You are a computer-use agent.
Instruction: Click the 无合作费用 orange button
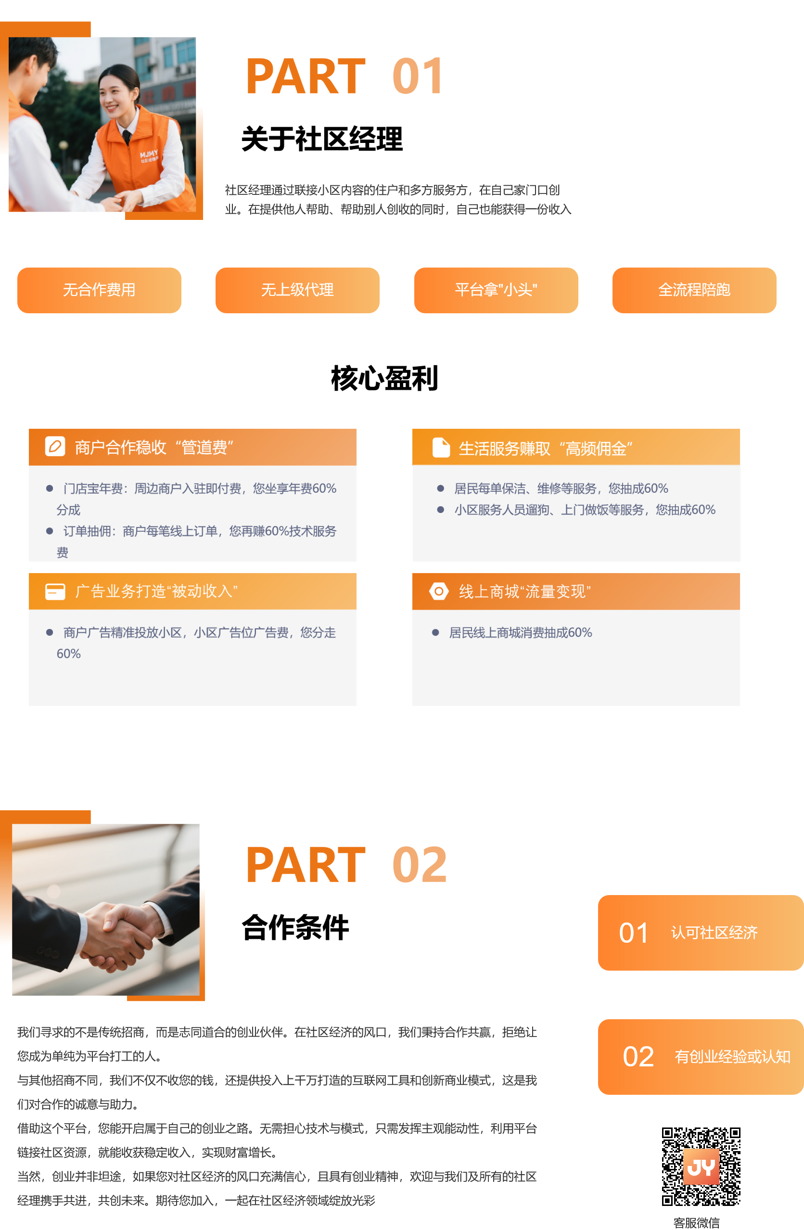click(99, 290)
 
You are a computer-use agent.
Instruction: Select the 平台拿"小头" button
click(496, 290)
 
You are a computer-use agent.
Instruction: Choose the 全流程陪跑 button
click(694, 290)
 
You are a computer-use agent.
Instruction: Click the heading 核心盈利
click(384, 378)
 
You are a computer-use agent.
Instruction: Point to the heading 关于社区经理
click(321, 139)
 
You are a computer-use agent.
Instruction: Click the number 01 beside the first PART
click(418, 77)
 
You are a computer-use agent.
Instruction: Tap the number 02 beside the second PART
click(419, 865)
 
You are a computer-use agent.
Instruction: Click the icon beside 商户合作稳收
click(55, 447)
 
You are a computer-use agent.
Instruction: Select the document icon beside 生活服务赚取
click(440, 448)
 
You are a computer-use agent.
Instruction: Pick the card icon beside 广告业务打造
click(55, 591)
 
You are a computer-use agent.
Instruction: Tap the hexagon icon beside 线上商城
click(438, 591)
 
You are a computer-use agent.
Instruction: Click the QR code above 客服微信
click(701, 1167)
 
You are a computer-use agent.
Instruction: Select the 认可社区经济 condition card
click(700, 933)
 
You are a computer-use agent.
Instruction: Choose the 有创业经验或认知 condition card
click(700, 1057)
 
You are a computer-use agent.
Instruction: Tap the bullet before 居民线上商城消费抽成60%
click(435, 633)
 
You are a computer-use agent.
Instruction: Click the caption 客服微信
click(696, 1223)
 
